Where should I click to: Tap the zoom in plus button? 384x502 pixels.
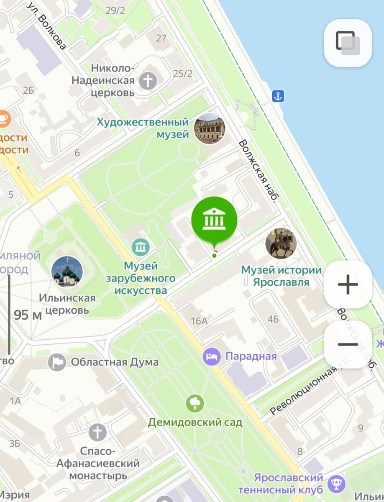348,284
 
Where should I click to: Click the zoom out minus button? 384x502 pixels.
348,344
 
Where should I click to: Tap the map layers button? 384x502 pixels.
348,43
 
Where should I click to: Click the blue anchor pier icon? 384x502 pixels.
278,96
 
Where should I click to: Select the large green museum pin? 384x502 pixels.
214,219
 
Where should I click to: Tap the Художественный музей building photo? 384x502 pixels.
210,128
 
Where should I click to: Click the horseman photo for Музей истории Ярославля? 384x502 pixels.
281,243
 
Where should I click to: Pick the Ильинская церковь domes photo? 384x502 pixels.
67,272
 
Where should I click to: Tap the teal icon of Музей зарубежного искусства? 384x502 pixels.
141,247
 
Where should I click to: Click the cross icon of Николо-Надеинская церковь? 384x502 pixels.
148,80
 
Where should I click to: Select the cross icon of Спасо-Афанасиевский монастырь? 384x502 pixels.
97,432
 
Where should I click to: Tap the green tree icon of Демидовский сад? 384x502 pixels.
195,403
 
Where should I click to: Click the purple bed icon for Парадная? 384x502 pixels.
212,357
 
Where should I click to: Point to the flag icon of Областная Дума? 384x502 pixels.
57,362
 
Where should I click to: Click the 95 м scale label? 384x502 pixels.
28,315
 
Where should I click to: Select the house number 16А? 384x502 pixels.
199,321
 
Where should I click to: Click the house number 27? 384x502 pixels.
161,38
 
